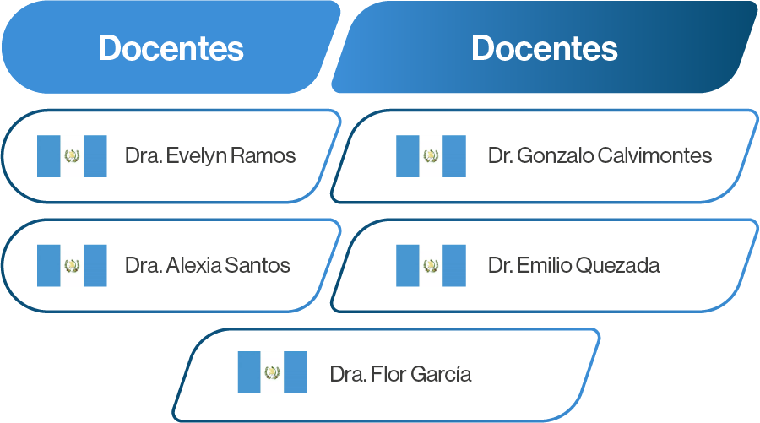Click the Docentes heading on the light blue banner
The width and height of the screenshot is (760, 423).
click(171, 48)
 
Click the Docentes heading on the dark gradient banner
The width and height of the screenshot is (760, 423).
click(545, 48)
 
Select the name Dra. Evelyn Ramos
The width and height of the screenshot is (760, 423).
click(210, 155)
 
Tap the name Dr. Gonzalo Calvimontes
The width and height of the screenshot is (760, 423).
click(600, 155)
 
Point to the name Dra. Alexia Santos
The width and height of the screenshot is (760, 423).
click(208, 265)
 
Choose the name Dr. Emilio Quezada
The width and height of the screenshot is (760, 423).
click(574, 265)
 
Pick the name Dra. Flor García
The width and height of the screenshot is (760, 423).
click(400, 374)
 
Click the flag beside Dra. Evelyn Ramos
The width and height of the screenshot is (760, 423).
click(72, 156)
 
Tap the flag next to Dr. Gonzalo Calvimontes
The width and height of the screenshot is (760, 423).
click(431, 156)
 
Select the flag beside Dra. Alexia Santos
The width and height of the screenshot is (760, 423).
click(72, 265)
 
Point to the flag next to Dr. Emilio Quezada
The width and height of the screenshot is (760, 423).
click(431, 265)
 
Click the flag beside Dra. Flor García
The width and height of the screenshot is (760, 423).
click(273, 372)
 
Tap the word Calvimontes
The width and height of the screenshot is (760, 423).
click(654, 155)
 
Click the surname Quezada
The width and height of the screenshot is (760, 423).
click(618, 265)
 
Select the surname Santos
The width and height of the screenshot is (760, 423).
click(258, 265)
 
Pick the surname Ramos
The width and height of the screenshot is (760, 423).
click(263, 155)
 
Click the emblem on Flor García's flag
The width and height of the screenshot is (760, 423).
click(273, 372)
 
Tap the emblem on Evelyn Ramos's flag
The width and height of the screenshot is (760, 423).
click(72, 155)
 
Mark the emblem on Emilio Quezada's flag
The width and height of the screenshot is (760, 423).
click(431, 265)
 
